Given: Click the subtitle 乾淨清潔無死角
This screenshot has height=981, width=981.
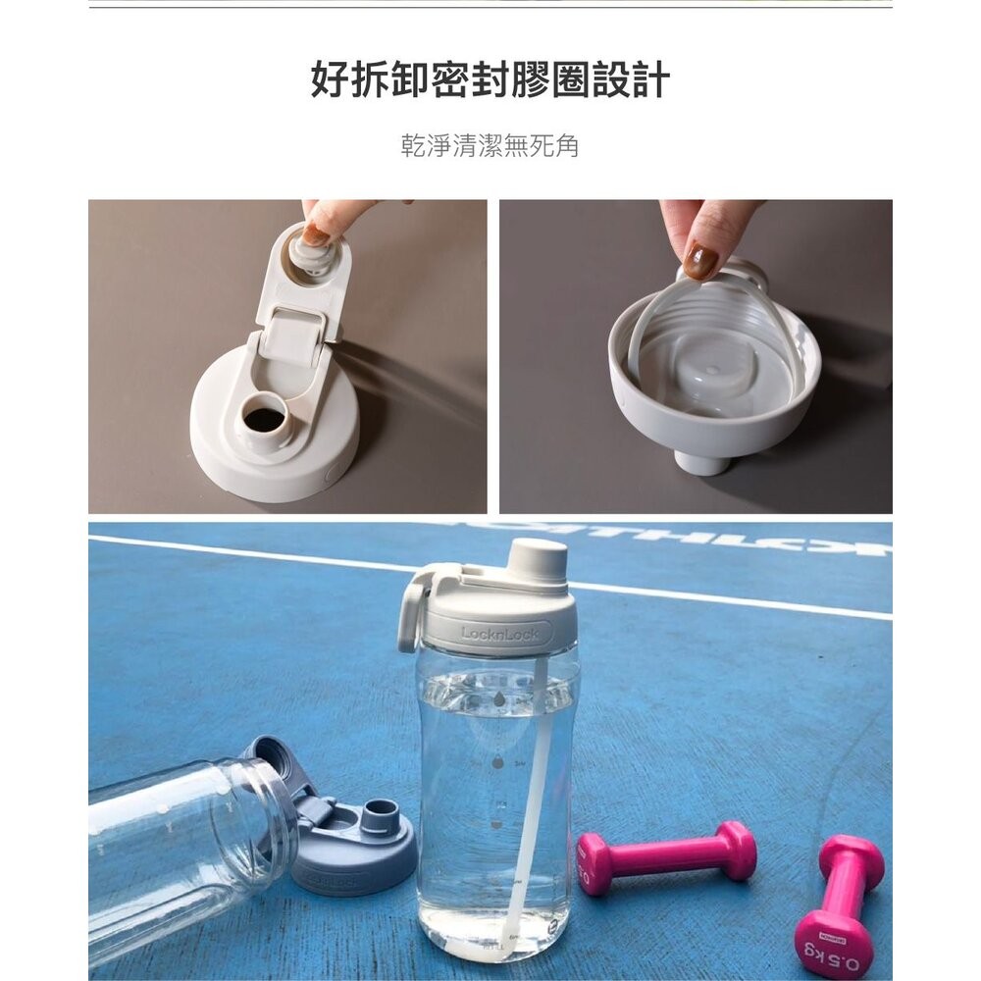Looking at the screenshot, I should pos(490,146).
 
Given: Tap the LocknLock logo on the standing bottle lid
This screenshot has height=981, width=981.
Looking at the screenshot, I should pos(499,633).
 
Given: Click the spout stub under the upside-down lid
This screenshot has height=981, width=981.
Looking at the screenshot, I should pos(702,460).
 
